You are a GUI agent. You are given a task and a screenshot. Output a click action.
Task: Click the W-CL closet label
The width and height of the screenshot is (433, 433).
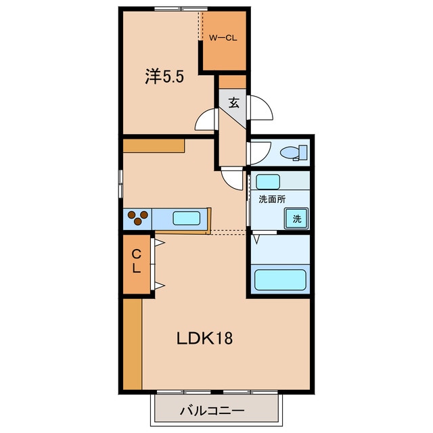coord(223,38)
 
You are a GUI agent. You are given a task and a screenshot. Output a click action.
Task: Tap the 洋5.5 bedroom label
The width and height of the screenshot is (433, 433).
coord(164,76)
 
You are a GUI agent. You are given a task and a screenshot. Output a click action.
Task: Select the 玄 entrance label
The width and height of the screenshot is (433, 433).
coord(233,103)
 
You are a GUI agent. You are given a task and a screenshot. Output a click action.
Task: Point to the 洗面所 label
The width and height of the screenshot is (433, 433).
coord(272,199)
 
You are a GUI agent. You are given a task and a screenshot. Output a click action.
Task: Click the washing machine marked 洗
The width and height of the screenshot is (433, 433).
coord(296,219)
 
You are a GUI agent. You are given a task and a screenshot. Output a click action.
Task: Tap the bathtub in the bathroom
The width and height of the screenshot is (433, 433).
coord(280,279)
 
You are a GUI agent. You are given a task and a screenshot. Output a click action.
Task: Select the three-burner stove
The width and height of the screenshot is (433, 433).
coord(137,218)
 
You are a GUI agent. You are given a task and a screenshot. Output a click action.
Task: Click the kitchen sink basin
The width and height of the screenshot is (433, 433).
coord(187,218)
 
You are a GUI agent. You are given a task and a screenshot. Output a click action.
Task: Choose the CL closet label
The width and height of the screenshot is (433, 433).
coord(137,261)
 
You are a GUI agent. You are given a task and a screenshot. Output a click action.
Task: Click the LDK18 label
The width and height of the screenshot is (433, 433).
coord(204,338)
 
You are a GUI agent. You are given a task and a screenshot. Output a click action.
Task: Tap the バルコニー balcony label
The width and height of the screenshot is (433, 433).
coord(212,411)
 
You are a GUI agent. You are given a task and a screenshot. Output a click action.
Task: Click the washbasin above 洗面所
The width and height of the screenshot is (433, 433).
coord(268,182)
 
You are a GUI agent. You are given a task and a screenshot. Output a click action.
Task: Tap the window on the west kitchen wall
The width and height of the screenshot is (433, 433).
coord(120,183)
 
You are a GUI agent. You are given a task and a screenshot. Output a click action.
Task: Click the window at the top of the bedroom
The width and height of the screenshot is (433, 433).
coord(181,9)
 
